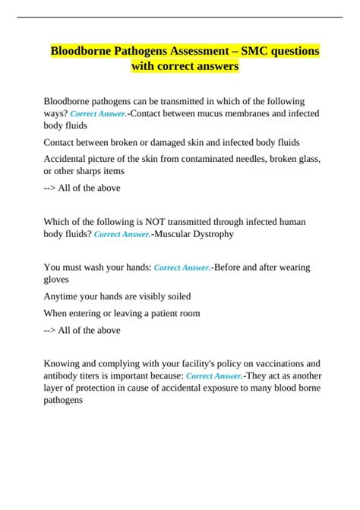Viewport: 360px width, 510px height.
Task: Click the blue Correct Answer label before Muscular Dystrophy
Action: pos(122,235)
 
